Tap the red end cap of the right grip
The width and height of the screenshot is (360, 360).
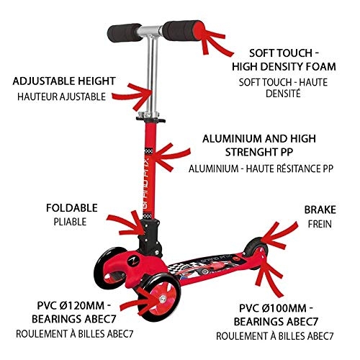[x=199, y=31]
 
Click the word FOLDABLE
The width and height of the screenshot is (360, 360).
[x=72, y=208]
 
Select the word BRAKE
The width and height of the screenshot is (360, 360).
[x=320, y=210]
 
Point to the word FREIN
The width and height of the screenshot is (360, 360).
[x=320, y=224]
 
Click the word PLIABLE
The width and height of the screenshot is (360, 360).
[x=70, y=222]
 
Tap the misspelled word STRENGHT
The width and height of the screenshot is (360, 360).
[x=250, y=152]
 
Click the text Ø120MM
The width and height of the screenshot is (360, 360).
[x=82, y=305]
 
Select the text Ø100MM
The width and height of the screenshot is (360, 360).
[x=284, y=308]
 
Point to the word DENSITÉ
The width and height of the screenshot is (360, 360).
[x=283, y=94]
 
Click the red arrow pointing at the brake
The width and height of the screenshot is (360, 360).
[x=279, y=234]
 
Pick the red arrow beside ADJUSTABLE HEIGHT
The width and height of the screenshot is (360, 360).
[x=132, y=96]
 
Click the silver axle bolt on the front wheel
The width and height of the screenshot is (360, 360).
[x=163, y=299]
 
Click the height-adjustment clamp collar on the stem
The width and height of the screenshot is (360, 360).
[x=150, y=117]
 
